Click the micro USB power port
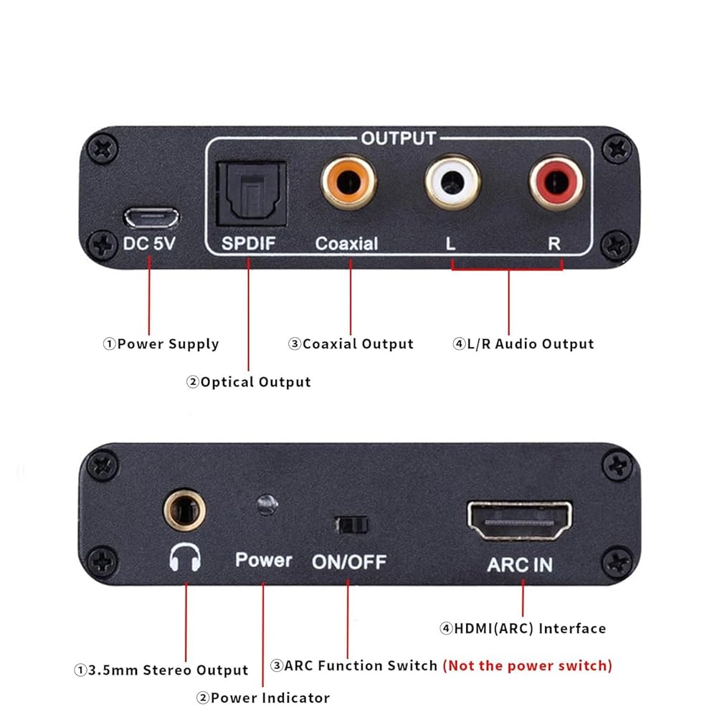coord(151,216)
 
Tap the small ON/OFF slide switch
coord(351,524)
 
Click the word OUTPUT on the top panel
coord(398,138)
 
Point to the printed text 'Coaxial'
coord(346,243)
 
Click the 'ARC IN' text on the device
coord(520,564)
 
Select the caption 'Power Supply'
coord(168,344)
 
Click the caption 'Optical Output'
coord(255,382)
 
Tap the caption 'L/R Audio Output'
coord(531,344)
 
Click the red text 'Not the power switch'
coord(527,665)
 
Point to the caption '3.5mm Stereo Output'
coord(168,671)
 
